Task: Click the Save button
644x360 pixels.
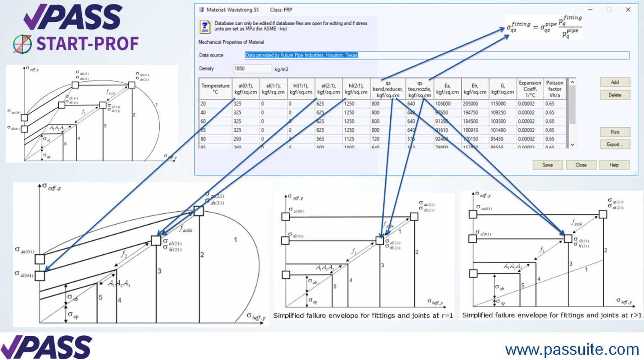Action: (x=547, y=165)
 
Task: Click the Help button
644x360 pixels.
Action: (x=614, y=165)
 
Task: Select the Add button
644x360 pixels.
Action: (x=614, y=83)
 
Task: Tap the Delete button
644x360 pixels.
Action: (x=614, y=95)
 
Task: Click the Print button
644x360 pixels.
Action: (x=614, y=132)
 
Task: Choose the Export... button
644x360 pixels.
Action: (x=614, y=145)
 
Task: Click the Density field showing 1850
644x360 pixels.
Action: (x=252, y=69)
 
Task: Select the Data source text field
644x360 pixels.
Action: (x=436, y=55)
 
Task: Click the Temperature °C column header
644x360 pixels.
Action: (x=215, y=89)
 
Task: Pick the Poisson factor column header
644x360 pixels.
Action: (x=554, y=89)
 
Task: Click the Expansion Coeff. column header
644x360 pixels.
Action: (x=530, y=89)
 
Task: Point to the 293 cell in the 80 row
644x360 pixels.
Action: (x=237, y=139)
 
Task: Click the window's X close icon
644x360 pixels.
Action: (x=628, y=10)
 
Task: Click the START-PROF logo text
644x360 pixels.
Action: (x=87, y=44)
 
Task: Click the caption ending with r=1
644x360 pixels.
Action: (x=363, y=316)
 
